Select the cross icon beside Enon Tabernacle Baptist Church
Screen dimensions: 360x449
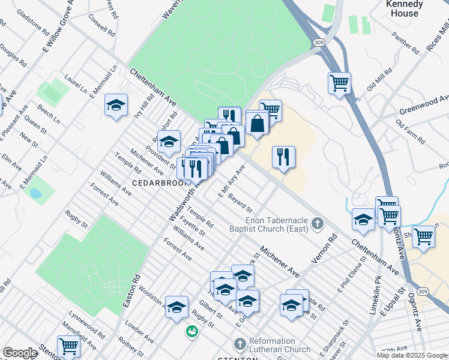coord(318,225)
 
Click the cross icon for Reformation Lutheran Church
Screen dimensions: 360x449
coord(240,344)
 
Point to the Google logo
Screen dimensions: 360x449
coord(20,353)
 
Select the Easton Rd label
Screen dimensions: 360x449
coord(131,292)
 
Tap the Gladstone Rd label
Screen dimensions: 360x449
coord(32,21)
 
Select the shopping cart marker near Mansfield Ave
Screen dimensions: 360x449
coord(68,346)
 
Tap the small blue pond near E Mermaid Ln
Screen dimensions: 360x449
coord(35,194)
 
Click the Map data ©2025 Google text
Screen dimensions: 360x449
coord(412,355)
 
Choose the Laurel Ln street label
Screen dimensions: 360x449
coord(76,83)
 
